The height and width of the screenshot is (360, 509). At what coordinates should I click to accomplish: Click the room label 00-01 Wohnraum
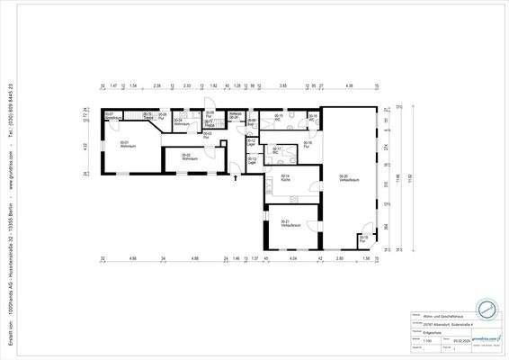click(125, 143)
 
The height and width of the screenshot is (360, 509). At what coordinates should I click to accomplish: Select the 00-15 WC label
click(279, 116)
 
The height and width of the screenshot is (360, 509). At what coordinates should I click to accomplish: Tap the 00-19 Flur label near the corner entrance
click(363, 238)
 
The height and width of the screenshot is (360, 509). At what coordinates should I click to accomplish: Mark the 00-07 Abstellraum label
click(112, 116)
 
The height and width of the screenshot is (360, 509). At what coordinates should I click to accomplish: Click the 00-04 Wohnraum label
click(180, 121)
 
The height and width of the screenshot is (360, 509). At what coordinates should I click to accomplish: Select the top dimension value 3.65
click(283, 85)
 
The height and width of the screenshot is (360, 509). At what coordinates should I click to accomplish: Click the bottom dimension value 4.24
click(292, 258)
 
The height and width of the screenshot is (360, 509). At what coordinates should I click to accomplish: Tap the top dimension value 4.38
click(348, 85)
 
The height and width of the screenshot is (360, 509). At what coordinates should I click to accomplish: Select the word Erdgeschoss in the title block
click(421, 332)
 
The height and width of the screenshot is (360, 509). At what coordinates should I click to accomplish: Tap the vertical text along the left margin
click(8, 180)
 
